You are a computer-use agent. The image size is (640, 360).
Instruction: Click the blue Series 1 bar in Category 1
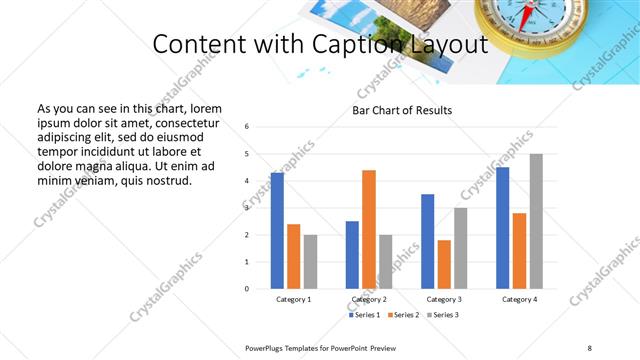point(277,231)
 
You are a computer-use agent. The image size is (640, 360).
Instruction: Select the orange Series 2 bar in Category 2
point(369,229)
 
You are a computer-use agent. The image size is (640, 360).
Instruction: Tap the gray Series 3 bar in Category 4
point(536,221)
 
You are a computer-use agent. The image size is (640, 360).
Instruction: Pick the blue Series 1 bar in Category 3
point(428,241)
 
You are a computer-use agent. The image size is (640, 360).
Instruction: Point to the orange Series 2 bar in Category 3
point(444,264)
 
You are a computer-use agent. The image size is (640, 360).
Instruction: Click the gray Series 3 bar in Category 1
point(310,262)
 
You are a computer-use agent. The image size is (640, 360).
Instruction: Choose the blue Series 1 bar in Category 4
point(503,228)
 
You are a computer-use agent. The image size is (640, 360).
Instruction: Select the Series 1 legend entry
point(365,315)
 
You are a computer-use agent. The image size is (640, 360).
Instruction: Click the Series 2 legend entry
point(403,315)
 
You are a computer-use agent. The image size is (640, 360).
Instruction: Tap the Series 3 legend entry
point(441,315)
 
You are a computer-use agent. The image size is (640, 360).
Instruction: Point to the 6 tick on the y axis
point(247,126)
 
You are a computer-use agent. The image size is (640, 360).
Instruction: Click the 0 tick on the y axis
point(247,289)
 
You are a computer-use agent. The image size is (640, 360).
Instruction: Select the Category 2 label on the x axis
point(369,299)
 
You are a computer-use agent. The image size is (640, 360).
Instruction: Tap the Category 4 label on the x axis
point(519,299)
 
